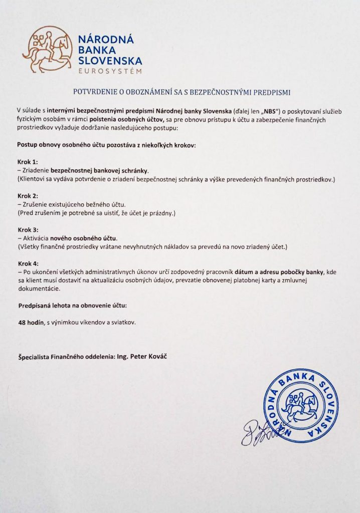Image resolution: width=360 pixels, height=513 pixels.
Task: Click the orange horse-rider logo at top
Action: (47, 50)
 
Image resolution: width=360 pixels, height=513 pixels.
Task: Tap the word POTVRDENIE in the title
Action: (91, 92)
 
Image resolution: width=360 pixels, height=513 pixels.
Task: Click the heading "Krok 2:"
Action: (28, 196)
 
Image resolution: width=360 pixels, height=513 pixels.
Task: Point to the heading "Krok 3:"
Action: (28, 230)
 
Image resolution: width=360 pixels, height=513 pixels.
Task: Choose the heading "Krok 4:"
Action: (28, 264)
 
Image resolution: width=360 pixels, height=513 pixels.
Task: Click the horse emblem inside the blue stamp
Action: (301, 405)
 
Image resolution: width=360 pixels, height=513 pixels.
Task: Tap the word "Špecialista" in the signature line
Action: (35, 357)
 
